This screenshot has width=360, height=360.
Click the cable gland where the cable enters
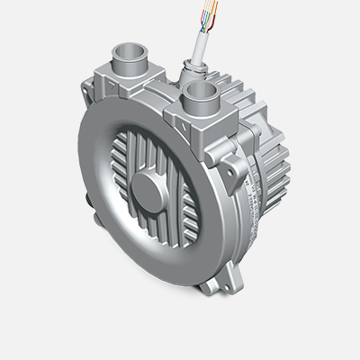pyautogui.click(x=190, y=66)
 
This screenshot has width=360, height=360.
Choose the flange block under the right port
pyautogui.click(x=203, y=121)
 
